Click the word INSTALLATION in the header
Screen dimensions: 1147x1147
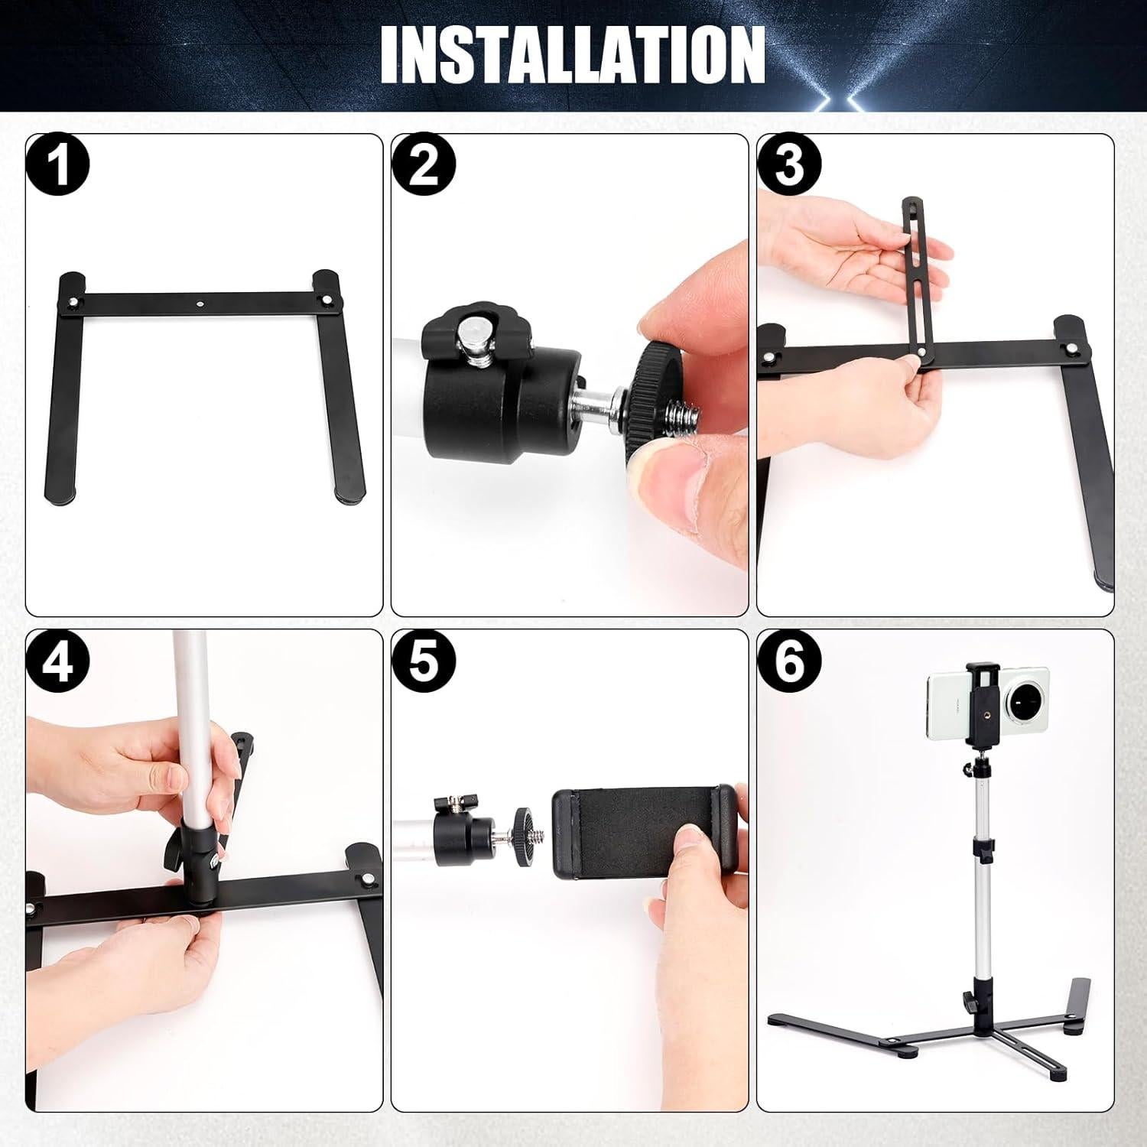pyautogui.click(x=572, y=54)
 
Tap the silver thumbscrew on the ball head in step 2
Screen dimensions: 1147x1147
pyautogui.click(x=473, y=336)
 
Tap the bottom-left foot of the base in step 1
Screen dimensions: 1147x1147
pyautogui.click(x=60, y=497)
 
